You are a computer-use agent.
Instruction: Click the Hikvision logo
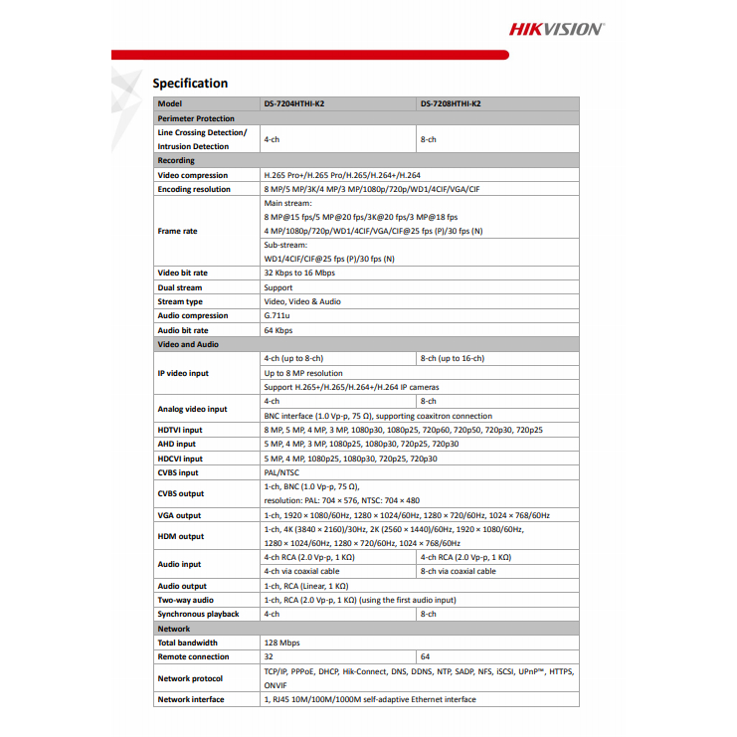556,29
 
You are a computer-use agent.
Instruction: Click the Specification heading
190,84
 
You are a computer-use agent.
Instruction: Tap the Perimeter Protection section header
196,118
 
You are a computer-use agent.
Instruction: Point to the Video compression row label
195,175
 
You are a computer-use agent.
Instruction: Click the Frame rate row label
177,231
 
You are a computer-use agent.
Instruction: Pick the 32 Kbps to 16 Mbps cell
299,273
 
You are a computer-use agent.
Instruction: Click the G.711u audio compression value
277,315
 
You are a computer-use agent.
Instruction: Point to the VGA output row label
179,515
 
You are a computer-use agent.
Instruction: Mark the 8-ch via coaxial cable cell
459,572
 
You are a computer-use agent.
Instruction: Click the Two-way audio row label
185,600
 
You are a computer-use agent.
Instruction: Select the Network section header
174,629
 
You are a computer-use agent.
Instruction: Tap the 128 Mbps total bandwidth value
281,643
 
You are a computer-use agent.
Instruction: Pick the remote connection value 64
426,656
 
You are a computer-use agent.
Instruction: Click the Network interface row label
191,699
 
